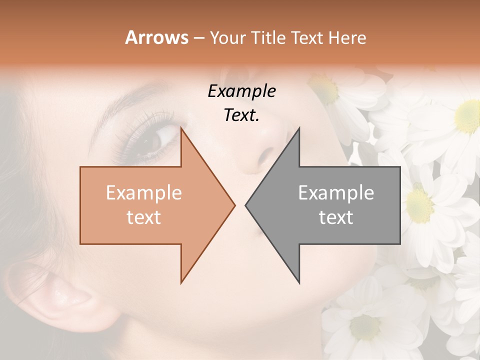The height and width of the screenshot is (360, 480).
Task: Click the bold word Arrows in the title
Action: pyautogui.click(x=156, y=37)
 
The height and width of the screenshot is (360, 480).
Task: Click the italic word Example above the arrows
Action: pyautogui.click(x=241, y=91)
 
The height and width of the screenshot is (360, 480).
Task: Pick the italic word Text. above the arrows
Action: pyautogui.click(x=241, y=115)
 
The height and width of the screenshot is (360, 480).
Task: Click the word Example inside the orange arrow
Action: pyautogui.click(x=143, y=193)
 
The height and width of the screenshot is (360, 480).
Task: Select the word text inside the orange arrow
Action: pyautogui.click(x=143, y=217)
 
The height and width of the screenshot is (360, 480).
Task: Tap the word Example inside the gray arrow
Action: pyautogui.click(x=336, y=193)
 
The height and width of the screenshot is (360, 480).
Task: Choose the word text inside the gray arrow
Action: pyautogui.click(x=336, y=217)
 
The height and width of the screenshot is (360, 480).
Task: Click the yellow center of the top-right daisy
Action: pyautogui.click(x=468, y=116)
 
